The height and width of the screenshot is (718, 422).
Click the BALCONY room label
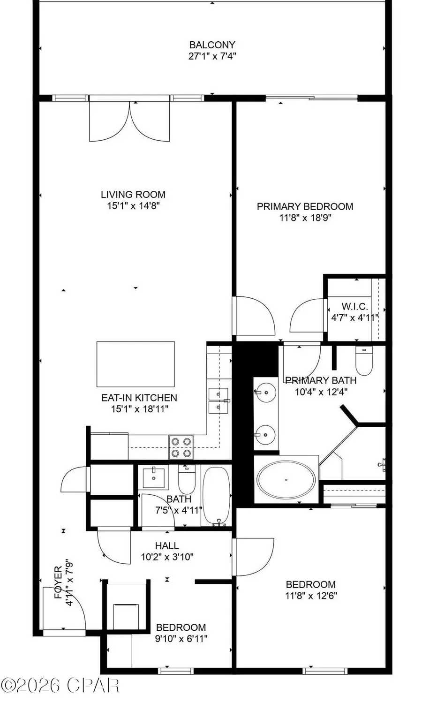(212, 45)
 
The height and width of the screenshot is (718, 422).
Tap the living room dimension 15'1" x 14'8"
(134, 205)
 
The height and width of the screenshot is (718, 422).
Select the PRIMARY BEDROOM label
(305, 206)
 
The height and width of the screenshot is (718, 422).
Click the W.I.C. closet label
(354, 307)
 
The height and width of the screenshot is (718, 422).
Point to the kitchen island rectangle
(136, 363)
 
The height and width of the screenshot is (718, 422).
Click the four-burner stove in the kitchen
(181, 447)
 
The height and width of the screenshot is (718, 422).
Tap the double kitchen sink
(219, 400)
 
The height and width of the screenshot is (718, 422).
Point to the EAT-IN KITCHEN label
(139, 398)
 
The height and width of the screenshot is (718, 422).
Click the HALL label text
(167, 545)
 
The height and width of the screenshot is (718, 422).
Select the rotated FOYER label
(58, 582)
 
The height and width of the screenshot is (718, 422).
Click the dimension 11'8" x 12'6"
(311, 596)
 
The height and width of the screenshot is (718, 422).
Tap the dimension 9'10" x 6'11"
(181, 638)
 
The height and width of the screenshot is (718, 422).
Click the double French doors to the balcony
(129, 121)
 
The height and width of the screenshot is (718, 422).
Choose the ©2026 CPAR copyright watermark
(60, 685)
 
